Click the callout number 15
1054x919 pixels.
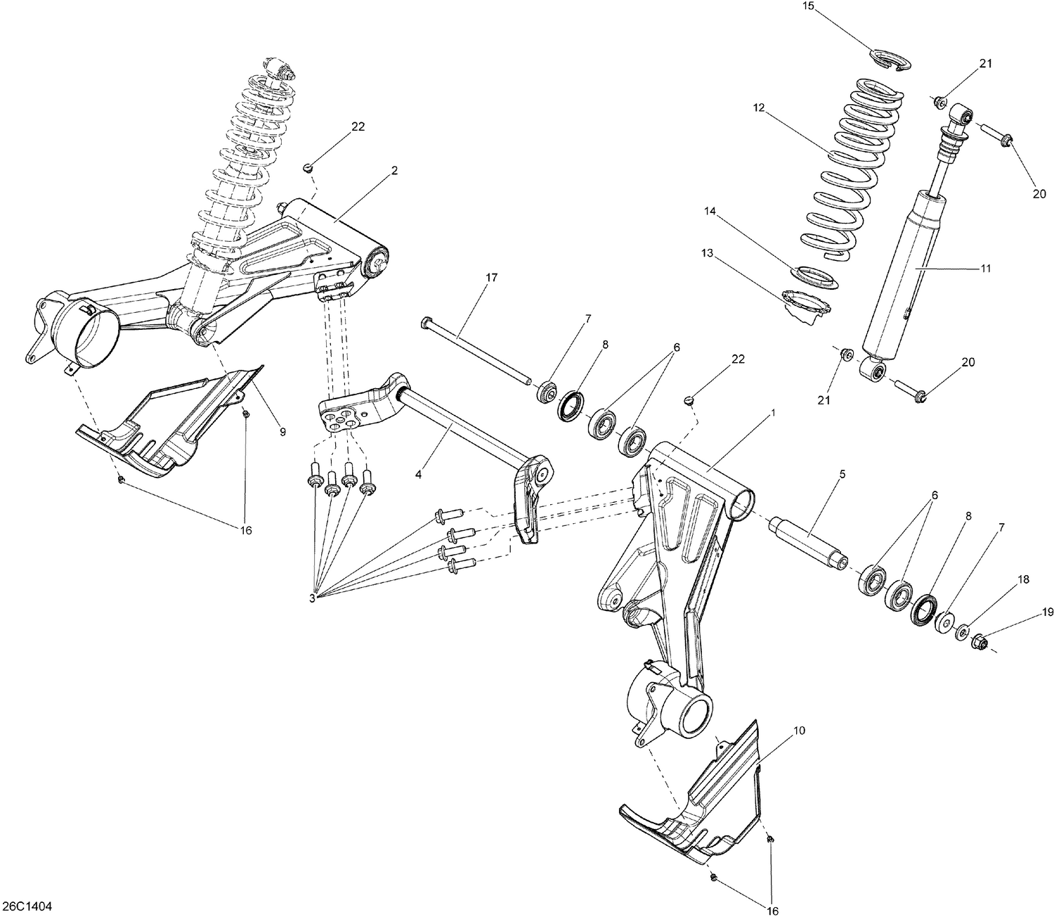pos(807,6)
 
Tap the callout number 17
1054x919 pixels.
pos(491,278)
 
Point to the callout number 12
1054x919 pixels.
pos(758,108)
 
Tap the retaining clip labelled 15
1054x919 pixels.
pos(890,60)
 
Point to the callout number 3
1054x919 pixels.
pos(313,598)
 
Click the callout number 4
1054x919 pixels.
pos(418,475)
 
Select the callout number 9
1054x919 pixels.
pos(282,432)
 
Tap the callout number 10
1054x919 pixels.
pos(799,731)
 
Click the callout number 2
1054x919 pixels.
pos(394,170)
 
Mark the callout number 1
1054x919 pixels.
pos(773,413)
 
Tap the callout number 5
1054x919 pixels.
pos(842,474)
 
